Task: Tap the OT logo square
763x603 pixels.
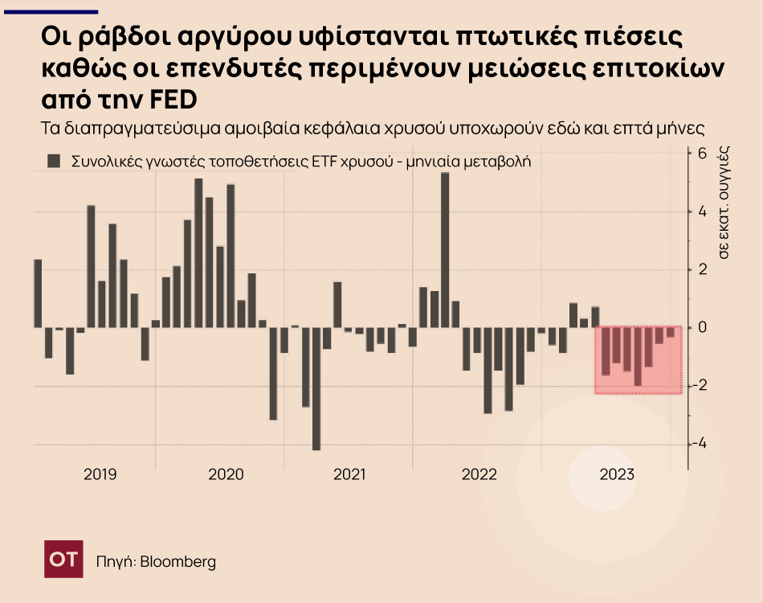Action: click(63, 560)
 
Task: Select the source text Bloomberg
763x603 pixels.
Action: click(177, 561)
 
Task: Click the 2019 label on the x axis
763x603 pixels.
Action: click(100, 474)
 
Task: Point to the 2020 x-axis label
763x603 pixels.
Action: click(226, 474)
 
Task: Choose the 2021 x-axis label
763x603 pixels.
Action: click(350, 474)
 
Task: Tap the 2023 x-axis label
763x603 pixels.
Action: click(617, 474)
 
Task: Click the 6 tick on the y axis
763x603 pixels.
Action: click(700, 153)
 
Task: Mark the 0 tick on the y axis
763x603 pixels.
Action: click(700, 327)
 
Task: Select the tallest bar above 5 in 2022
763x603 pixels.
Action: click(445, 249)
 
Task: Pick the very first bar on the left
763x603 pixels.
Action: click(38, 293)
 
